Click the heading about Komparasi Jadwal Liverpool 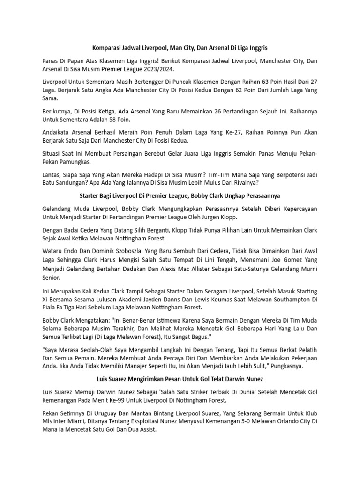180,48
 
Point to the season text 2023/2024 159,69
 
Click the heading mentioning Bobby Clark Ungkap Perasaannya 180,195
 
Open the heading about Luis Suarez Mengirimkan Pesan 180,379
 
